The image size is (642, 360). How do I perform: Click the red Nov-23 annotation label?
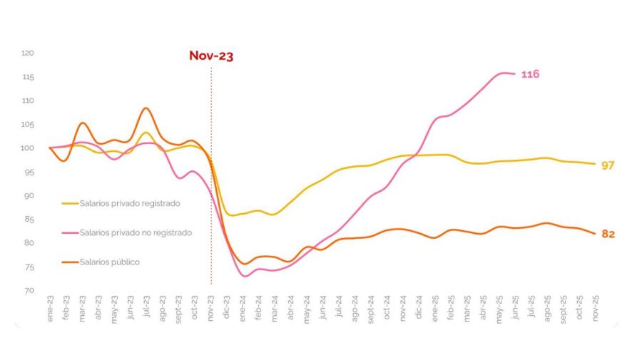point(211,56)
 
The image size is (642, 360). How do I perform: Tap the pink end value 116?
point(530,74)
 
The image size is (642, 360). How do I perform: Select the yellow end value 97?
point(608,165)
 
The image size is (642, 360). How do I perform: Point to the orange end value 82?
point(608,234)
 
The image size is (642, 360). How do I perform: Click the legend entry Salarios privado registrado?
point(130,203)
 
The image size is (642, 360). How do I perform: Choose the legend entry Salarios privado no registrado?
point(136,232)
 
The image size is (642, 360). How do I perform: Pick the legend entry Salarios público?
point(109,262)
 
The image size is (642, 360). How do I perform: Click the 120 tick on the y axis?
point(28,53)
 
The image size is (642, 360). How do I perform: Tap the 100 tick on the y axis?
point(28,148)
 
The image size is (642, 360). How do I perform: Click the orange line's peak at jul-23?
point(146,108)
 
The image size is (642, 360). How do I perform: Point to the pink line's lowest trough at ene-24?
point(244,276)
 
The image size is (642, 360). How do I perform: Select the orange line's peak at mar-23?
point(82,123)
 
